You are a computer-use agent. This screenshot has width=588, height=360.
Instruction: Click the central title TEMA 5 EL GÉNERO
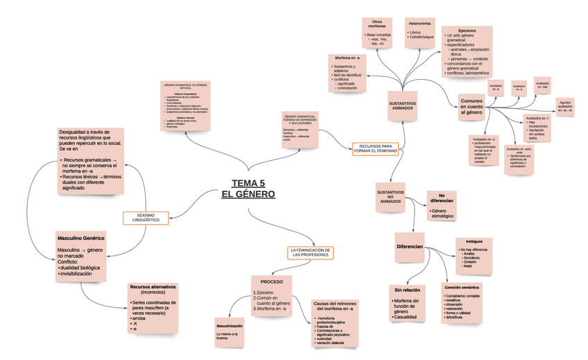[x=248, y=188]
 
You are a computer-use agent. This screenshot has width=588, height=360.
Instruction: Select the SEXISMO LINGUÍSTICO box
[x=146, y=217]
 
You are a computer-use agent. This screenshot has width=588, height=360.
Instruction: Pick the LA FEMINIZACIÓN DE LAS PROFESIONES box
[x=310, y=252]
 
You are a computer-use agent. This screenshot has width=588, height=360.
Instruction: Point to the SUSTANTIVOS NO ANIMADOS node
[x=390, y=196]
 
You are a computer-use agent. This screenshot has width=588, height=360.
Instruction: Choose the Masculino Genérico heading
[x=80, y=239]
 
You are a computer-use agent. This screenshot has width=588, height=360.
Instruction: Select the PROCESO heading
[x=272, y=282]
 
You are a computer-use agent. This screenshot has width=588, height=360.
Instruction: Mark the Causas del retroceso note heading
[x=334, y=305]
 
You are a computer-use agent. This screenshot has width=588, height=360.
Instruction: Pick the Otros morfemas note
[x=377, y=24]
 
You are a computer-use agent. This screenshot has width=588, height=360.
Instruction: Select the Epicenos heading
[x=467, y=30]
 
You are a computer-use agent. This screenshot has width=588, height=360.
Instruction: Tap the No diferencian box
[x=441, y=198]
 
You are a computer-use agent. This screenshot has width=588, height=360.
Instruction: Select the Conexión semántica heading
[x=460, y=286]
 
